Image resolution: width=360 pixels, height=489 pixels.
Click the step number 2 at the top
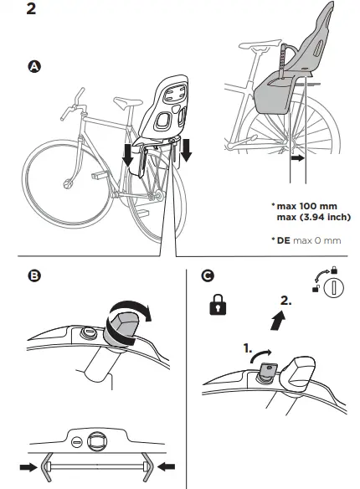(31, 8)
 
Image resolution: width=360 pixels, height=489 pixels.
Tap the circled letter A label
(34, 67)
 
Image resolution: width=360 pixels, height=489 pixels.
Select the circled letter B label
(34, 275)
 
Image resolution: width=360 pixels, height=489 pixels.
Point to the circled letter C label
(208, 275)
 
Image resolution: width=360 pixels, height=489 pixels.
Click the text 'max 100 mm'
(306, 206)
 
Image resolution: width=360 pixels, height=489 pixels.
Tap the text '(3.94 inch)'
(326, 217)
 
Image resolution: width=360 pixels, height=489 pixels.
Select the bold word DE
(283, 240)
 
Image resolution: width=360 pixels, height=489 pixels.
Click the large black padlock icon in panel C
(219, 305)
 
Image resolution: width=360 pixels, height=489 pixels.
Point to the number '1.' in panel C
(248, 348)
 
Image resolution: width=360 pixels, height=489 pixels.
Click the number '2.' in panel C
(285, 301)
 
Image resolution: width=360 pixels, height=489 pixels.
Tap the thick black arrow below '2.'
(277, 322)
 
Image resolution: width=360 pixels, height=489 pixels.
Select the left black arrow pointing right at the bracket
(28, 467)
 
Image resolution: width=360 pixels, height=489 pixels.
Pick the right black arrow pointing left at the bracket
(167, 467)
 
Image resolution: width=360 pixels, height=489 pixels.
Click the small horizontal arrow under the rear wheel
(298, 158)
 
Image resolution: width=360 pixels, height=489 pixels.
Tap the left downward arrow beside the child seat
(127, 155)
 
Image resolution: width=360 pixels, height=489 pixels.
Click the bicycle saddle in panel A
(128, 101)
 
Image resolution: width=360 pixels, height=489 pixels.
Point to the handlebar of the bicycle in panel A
(73, 105)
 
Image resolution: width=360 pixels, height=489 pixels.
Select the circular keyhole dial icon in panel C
(333, 287)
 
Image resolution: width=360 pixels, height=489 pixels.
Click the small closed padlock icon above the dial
(334, 270)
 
